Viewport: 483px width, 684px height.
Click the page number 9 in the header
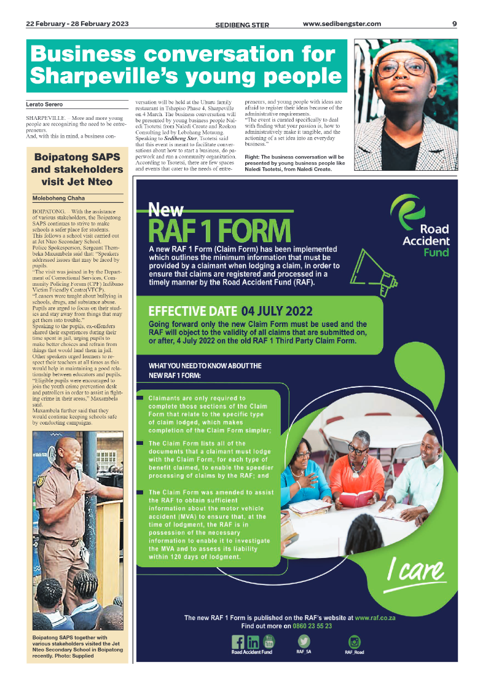pos(454,24)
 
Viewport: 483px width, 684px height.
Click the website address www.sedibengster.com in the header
pos(342,24)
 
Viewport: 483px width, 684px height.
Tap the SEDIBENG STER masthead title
pos(242,25)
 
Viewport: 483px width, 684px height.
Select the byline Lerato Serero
pos(44,104)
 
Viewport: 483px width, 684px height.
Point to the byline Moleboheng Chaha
pos(58,199)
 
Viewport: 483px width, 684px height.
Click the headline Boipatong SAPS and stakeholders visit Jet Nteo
pos(77,170)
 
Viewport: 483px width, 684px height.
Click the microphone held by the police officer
pos(79,471)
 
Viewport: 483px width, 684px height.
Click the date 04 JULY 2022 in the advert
pos(277,310)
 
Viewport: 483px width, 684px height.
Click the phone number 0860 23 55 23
pos(312,626)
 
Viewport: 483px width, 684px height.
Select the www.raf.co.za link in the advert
pos(375,618)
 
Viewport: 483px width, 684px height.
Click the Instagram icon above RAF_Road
pos(355,641)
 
